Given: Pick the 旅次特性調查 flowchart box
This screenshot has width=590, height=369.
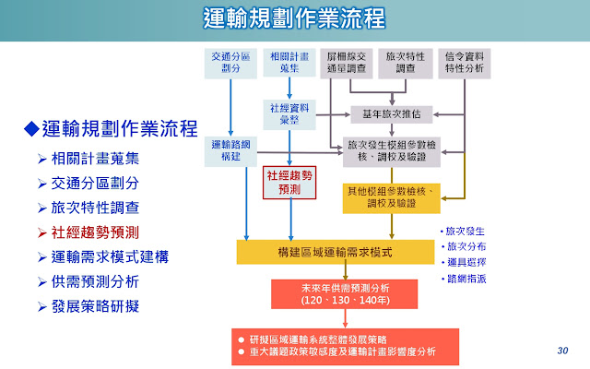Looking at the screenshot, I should coord(406,61).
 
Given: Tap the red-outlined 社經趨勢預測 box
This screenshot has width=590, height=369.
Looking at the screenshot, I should coord(289,181).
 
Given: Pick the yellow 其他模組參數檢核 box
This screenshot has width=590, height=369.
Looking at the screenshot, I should coord(391,196).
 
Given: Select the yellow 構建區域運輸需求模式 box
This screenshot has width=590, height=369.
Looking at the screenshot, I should coord(336,251).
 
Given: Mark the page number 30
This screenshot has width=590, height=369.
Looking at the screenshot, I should coord(563,351).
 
